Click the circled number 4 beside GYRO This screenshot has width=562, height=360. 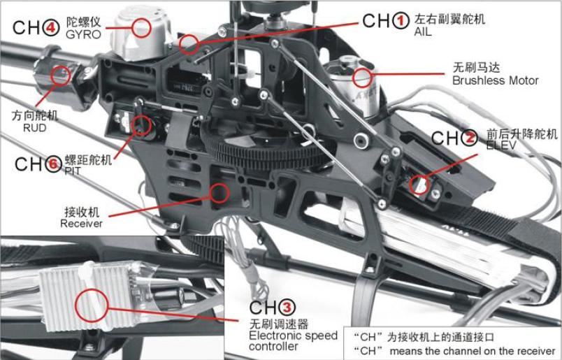51,27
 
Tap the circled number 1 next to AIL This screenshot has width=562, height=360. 401,20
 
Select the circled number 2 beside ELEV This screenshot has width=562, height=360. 469,138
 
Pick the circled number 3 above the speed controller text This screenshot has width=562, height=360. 287,308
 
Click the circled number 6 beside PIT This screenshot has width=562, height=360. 53,164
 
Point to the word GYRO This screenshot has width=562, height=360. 83,34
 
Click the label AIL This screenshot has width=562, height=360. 423,32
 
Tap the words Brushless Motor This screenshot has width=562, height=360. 496,80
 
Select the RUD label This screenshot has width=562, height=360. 34,128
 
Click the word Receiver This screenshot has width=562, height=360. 81,224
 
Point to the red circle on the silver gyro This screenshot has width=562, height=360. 141,28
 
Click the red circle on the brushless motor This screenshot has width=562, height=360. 362,78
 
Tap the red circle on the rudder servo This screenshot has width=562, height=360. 61,75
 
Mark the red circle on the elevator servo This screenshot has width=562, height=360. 419,185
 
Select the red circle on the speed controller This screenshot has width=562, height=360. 92,305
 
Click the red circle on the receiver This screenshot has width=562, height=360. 219,193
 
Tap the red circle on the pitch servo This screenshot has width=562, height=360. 141,126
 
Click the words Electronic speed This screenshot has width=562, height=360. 293,336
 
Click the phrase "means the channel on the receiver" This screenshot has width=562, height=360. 472,350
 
